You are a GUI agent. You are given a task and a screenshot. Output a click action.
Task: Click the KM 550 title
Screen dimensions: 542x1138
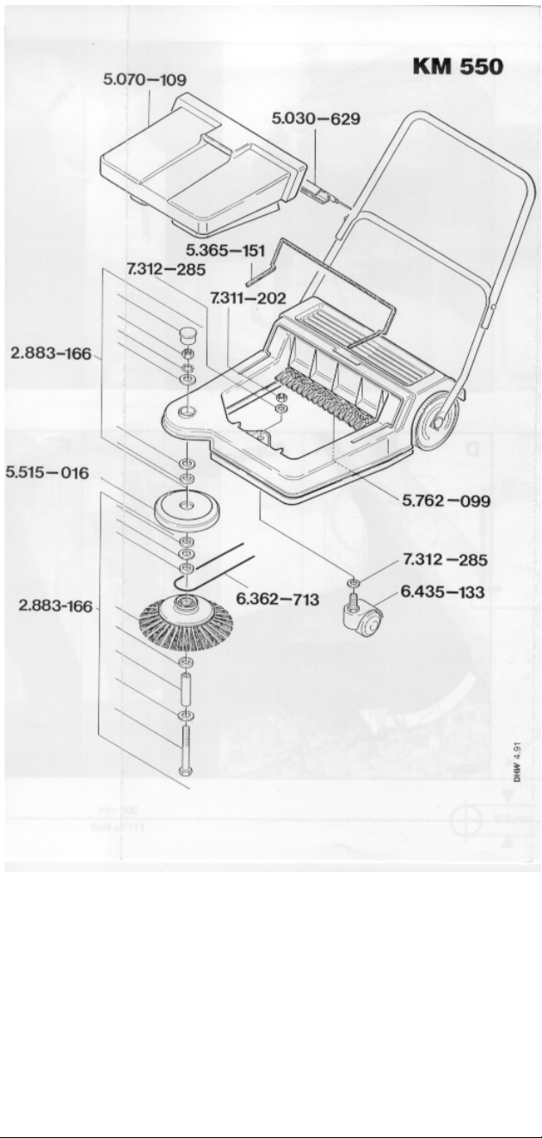pyautogui.click(x=458, y=66)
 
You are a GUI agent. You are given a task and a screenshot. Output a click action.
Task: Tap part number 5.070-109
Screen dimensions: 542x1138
pyautogui.click(x=145, y=80)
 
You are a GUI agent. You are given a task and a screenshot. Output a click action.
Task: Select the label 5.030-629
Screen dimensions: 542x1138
pyautogui.click(x=316, y=119)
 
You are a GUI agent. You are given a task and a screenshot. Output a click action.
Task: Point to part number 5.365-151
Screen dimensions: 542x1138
pyautogui.click(x=225, y=250)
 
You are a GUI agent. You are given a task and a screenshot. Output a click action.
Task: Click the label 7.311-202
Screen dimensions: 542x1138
pyautogui.click(x=248, y=298)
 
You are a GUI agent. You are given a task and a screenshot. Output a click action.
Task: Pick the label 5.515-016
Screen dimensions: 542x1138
pyautogui.click(x=46, y=472)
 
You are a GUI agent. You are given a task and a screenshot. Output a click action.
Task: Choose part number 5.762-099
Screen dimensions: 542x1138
pyautogui.click(x=447, y=501)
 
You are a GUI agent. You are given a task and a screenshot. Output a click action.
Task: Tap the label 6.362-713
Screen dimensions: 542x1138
pyautogui.click(x=277, y=599)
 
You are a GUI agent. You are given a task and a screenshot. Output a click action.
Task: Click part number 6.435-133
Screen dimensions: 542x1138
pyautogui.click(x=442, y=592)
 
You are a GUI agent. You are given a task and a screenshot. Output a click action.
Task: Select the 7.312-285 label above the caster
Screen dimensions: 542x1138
pyautogui.click(x=445, y=560)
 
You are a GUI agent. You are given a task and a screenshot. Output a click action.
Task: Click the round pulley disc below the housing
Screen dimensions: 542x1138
pyautogui.click(x=187, y=510)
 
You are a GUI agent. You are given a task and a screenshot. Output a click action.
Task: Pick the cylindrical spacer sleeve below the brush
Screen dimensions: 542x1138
pyautogui.click(x=187, y=687)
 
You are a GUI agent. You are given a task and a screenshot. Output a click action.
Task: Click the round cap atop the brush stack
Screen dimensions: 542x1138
pyautogui.click(x=188, y=335)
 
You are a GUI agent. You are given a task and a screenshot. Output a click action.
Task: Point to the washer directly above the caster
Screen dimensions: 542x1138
pyautogui.click(x=353, y=582)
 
